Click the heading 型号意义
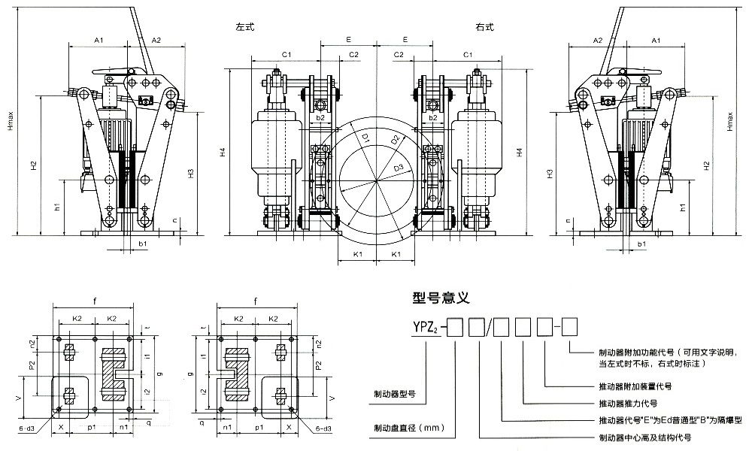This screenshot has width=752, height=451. coord(441,298)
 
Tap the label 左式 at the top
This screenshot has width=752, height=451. coord(245,28)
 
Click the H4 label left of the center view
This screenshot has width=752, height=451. coord(223,153)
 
